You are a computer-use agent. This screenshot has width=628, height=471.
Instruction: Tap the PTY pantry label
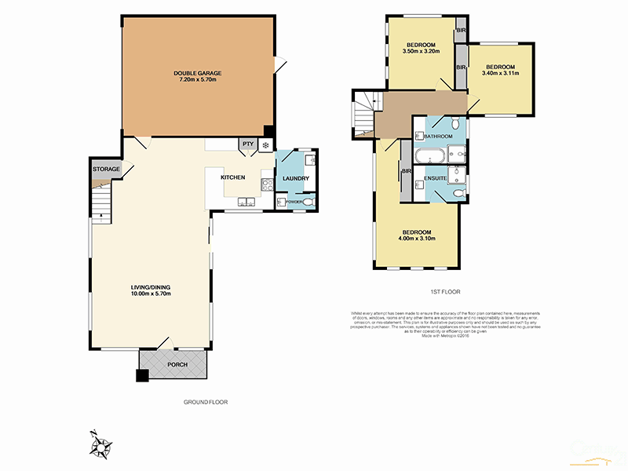coord(248,144)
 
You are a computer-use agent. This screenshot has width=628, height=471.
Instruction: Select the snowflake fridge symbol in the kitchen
coord(265,144)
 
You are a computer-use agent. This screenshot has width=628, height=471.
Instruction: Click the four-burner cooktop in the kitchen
coord(267,185)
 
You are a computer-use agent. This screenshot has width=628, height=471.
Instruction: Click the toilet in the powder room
coord(309,203)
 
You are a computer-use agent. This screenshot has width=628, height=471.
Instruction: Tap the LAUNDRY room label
coord(295,178)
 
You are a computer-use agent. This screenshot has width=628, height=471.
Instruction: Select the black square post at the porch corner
coord(142,376)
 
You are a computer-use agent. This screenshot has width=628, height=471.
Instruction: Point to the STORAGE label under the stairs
coord(106,170)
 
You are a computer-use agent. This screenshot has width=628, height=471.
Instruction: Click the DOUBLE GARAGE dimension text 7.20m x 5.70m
coord(196,80)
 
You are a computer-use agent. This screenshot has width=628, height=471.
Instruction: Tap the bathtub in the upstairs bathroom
coord(429,155)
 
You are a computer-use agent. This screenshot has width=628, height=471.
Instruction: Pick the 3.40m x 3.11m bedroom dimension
coord(501,75)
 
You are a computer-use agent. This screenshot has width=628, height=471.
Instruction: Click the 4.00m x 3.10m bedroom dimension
coord(416,239)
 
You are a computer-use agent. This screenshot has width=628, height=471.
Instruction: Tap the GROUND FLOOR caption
coord(205,402)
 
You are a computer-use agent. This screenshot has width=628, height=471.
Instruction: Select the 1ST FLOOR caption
coord(444,292)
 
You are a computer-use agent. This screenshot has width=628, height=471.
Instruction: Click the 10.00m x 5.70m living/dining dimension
coord(152,294)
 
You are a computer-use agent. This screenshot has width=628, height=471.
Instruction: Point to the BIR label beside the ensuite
coord(407,171)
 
